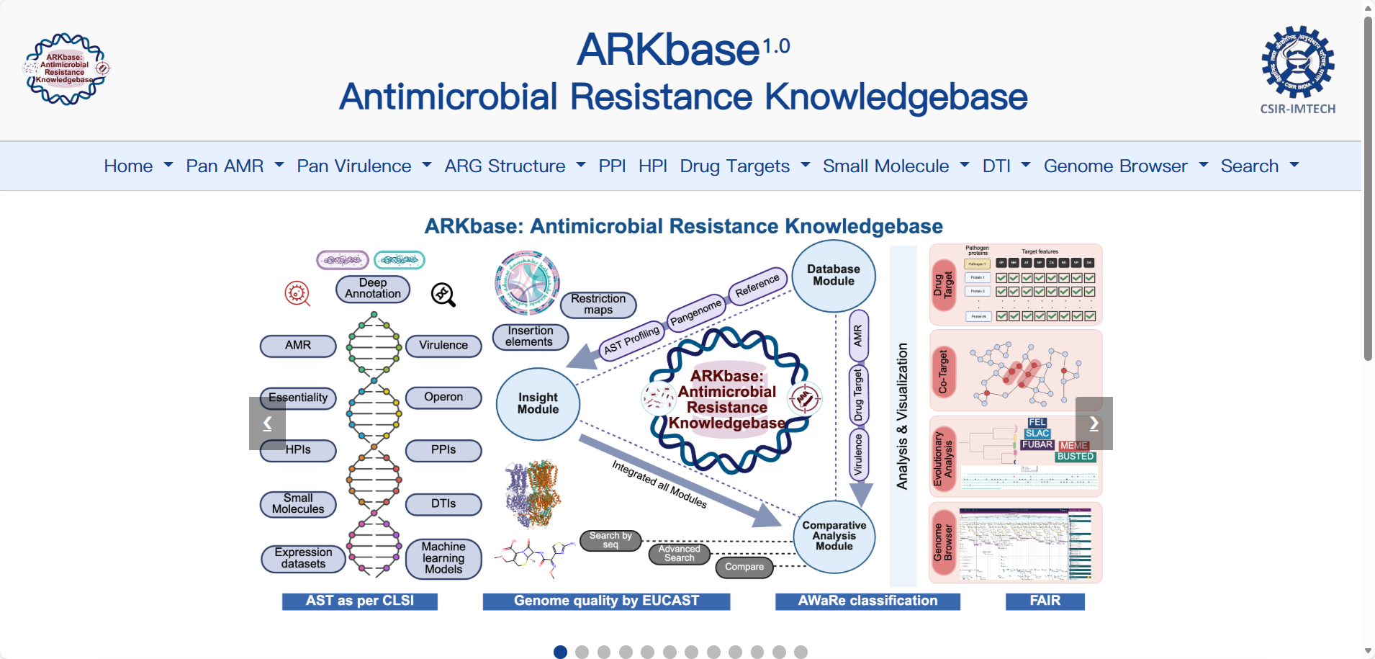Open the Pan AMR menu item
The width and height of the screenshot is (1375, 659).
tap(234, 166)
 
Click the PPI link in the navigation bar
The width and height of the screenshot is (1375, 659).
tap(612, 166)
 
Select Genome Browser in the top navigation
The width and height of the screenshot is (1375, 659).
tap(1125, 166)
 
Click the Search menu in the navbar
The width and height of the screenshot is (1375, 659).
tap(1259, 166)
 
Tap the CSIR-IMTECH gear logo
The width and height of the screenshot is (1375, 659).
tap(1297, 63)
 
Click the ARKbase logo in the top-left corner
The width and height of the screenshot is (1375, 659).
tap(66, 69)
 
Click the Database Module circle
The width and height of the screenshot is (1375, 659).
tap(834, 276)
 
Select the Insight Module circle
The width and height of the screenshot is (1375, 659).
tap(538, 403)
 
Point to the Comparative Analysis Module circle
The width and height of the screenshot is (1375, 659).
tap(834, 537)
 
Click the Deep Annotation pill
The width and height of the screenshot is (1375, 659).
tap(373, 289)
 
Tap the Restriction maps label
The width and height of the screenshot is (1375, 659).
tap(598, 304)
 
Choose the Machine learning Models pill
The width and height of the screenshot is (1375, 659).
tap(443, 558)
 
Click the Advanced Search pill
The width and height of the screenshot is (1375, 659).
tap(679, 554)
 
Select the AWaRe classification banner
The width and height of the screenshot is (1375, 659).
tap(867, 601)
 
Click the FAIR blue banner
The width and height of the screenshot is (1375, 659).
tap(1045, 601)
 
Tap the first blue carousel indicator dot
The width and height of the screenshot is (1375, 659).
tap(560, 652)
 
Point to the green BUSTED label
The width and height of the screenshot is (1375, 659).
tap(1076, 457)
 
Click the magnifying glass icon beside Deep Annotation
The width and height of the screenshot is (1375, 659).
tap(443, 295)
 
